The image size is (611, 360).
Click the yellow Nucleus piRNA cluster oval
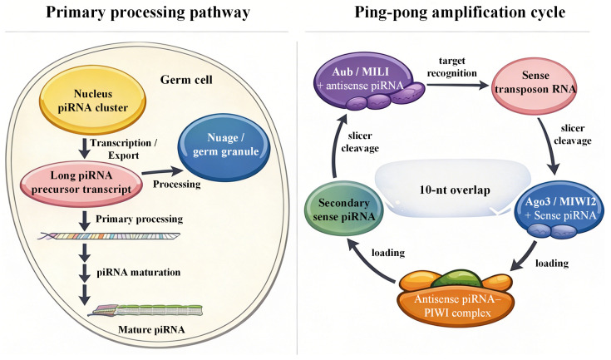click(93, 101)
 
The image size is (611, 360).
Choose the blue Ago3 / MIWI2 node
click(560, 210)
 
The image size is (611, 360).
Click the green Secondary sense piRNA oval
click(343, 210)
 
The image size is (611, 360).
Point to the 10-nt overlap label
click(455, 190)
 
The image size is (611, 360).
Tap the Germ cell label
click(186, 80)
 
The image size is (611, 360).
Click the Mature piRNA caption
click(151, 329)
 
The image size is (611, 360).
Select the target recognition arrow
click(457, 85)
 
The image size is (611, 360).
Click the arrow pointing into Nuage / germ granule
click(162, 171)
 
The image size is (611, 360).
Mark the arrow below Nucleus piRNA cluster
click(84, 148)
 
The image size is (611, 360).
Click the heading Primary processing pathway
click(148, 12)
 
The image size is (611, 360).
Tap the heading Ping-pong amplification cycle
click(460, 12)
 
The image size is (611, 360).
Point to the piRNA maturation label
click(139, 272)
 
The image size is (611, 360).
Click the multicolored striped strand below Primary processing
click(109, 236)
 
